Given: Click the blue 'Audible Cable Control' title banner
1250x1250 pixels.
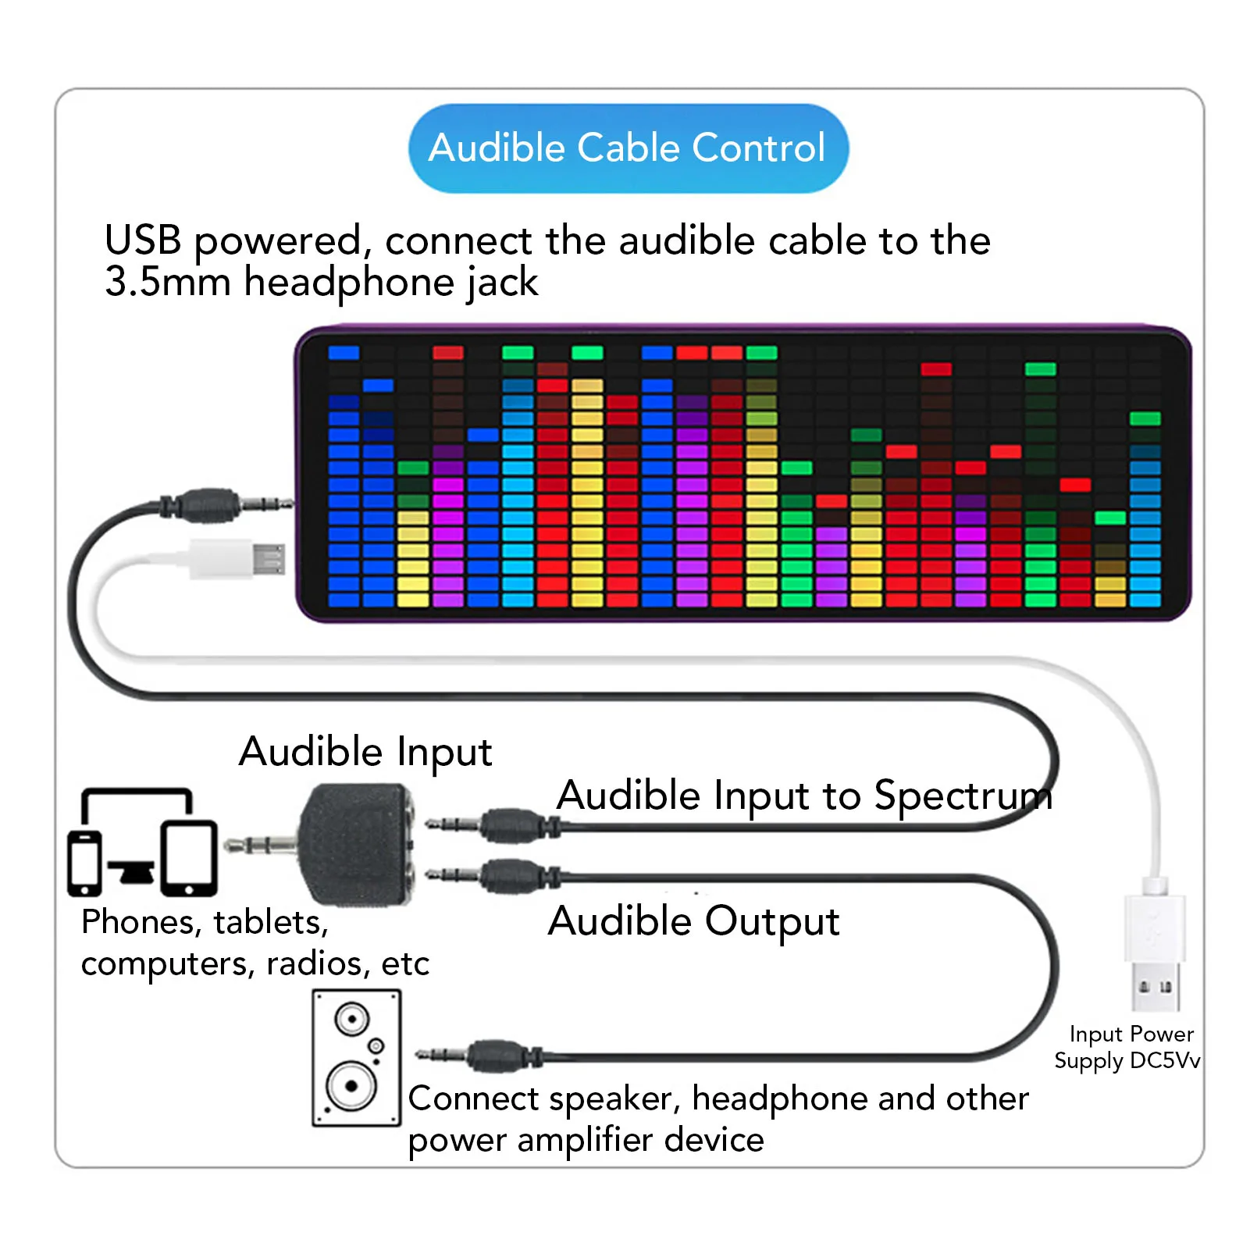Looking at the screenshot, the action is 628,148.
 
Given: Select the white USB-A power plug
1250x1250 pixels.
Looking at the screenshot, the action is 1155,949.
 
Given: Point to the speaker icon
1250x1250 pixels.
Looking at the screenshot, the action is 357,1057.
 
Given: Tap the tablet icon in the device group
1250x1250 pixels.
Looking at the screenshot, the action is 189,857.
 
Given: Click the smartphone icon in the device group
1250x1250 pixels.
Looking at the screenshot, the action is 84,863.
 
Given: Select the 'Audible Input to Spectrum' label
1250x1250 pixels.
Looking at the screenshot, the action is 803,796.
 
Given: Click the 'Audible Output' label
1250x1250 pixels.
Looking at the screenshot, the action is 693,921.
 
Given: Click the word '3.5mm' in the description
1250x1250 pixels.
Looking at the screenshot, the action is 168,282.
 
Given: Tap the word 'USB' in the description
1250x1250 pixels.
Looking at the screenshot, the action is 143,240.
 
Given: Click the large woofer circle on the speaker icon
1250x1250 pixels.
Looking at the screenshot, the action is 351,1086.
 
